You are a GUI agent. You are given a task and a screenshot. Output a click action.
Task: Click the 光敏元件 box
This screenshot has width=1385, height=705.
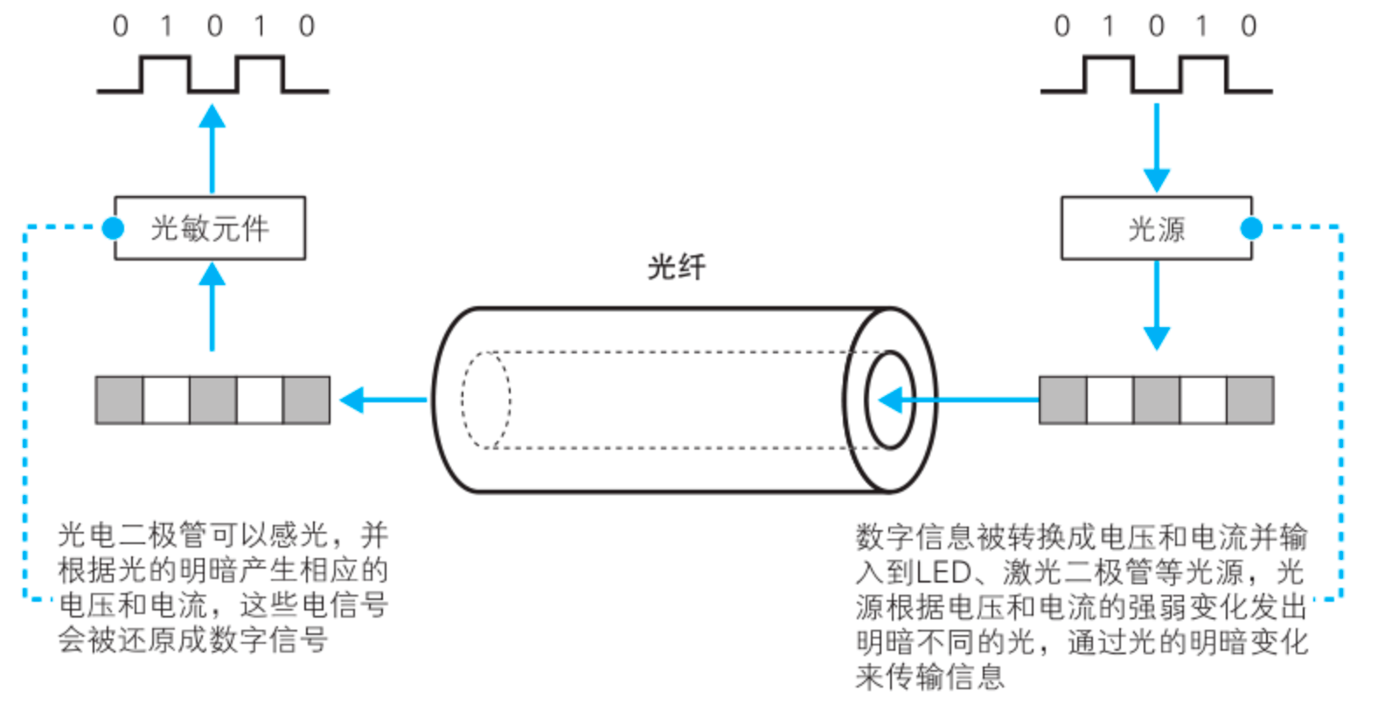[x=210, y=228]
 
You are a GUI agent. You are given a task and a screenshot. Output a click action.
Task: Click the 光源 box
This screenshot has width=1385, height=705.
[x=1156, y=228]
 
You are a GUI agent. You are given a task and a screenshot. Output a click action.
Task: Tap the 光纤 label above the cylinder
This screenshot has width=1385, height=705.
[x=676, y=266]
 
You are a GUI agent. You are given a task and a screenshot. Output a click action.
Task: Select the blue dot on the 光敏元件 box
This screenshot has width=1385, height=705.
[x=113, y=228]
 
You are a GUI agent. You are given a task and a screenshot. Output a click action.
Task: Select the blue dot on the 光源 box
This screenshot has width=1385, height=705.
[x=1251, y=228]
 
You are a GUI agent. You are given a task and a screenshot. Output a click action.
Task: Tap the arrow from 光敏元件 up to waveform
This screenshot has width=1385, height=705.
[x=212, y=149]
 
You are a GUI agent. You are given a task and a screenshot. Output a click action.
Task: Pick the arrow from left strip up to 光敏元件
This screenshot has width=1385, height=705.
[x=212, y=307]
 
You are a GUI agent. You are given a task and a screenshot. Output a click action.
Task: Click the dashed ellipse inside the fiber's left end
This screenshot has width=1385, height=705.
[x=486, y=400]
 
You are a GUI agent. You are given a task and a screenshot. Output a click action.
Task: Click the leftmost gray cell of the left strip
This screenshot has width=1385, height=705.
[x=119, y=401]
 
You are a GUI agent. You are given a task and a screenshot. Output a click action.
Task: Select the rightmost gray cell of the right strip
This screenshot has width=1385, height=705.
[x=1249, y=401]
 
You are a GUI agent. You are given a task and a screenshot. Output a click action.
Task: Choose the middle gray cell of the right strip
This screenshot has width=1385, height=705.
[x=1156, y=401]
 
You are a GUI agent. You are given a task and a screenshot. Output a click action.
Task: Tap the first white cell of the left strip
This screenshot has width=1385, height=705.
[x=166, y=401]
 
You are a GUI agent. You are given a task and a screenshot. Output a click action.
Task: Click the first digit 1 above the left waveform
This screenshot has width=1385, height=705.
[x=166, y=26]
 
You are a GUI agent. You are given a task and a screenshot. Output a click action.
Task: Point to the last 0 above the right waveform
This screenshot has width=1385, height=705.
[x=1249, y=26]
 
